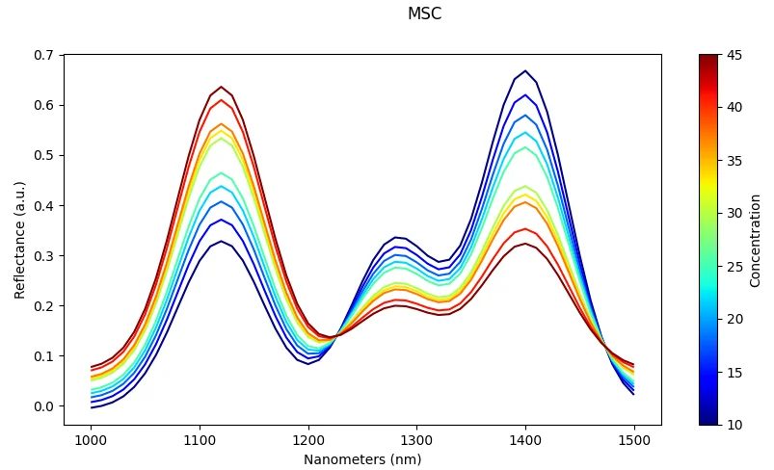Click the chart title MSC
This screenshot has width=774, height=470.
(x=424, y=13)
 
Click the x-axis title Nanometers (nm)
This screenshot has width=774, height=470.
(x=362, y=459)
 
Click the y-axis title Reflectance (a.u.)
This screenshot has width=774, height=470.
(x=20, y=239)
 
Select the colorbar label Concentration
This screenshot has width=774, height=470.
(x=756, y=240)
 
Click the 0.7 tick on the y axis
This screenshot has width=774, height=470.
(x=44, y=55)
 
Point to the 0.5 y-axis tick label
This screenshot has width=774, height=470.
(x=44, y=155)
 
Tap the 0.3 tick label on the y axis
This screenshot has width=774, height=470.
(x=44, y=256)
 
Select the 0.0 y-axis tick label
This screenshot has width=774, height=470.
(x=44, y=406)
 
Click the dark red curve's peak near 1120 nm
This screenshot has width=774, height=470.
(x=221, y=87)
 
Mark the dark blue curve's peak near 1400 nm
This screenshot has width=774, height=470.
(x=525, y=70)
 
